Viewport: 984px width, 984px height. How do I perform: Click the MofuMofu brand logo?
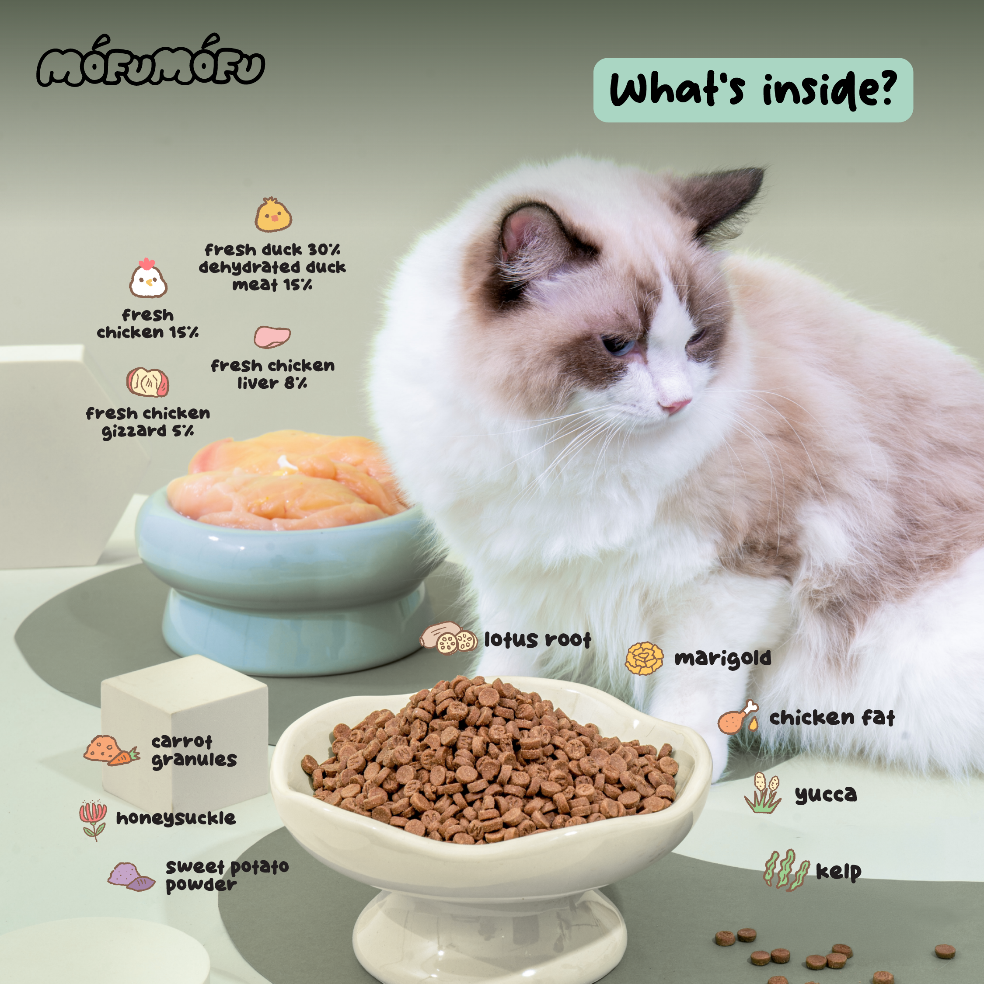pos(151,62)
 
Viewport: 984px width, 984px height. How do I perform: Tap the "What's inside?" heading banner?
pos(753,90)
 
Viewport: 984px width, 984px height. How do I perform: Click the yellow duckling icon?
pos(273,214)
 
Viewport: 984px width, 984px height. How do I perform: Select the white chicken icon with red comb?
pos(148,278)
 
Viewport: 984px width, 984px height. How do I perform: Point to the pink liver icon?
pos(272,337)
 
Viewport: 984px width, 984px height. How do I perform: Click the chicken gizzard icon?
pos(148,382)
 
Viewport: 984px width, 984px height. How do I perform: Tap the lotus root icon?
pos(448,638)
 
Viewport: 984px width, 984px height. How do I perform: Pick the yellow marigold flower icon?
pos(644,658)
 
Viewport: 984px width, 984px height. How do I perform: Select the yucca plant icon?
pos(762,793)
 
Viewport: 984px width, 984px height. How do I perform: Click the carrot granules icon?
pos(112,750)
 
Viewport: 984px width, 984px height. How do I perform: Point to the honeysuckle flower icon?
pos(93,820)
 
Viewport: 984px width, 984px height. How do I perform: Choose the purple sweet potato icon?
pos(131,876)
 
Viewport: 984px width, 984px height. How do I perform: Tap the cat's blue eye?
pos(618,345)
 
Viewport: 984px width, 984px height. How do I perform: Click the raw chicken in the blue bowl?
pos(285,479)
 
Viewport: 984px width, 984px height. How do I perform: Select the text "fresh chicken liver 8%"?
pos(272,374)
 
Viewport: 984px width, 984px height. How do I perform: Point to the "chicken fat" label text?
pos(832,718)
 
